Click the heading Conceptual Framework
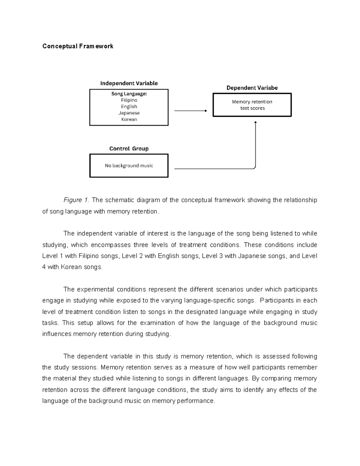pyautogui.click(x=78, y=46)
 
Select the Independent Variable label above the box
pyautogui.click(x=129, y=83)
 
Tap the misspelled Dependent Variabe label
pyautogui.click(x=252, y=88)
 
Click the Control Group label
pyautogui.click(x=129, y=149)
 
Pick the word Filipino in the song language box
pyautogui.click(x=129, y=100)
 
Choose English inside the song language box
pyautogui.click(x=129, y=107)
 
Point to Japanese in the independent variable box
pyautogui.click(x=129, y=113)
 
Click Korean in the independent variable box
pyautogui.click(x=129, y=119)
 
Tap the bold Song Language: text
pyautogui.click(x=129, y=94)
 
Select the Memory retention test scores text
pyautogui.click(x=252, y=105)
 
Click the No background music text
pyautogui.click(x=129, y=166)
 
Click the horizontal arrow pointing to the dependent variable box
pyautogui.click(x=190, y=111)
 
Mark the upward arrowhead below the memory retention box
pyautogui.click(x=255, y=122)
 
